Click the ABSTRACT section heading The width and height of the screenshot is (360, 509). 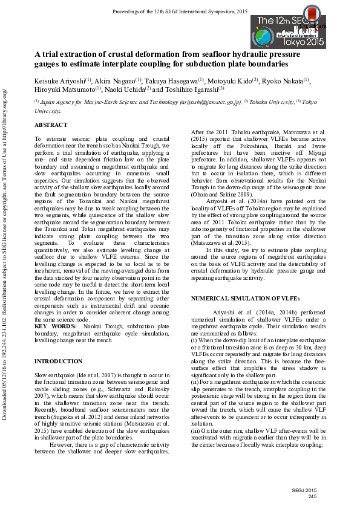[51, 125]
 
